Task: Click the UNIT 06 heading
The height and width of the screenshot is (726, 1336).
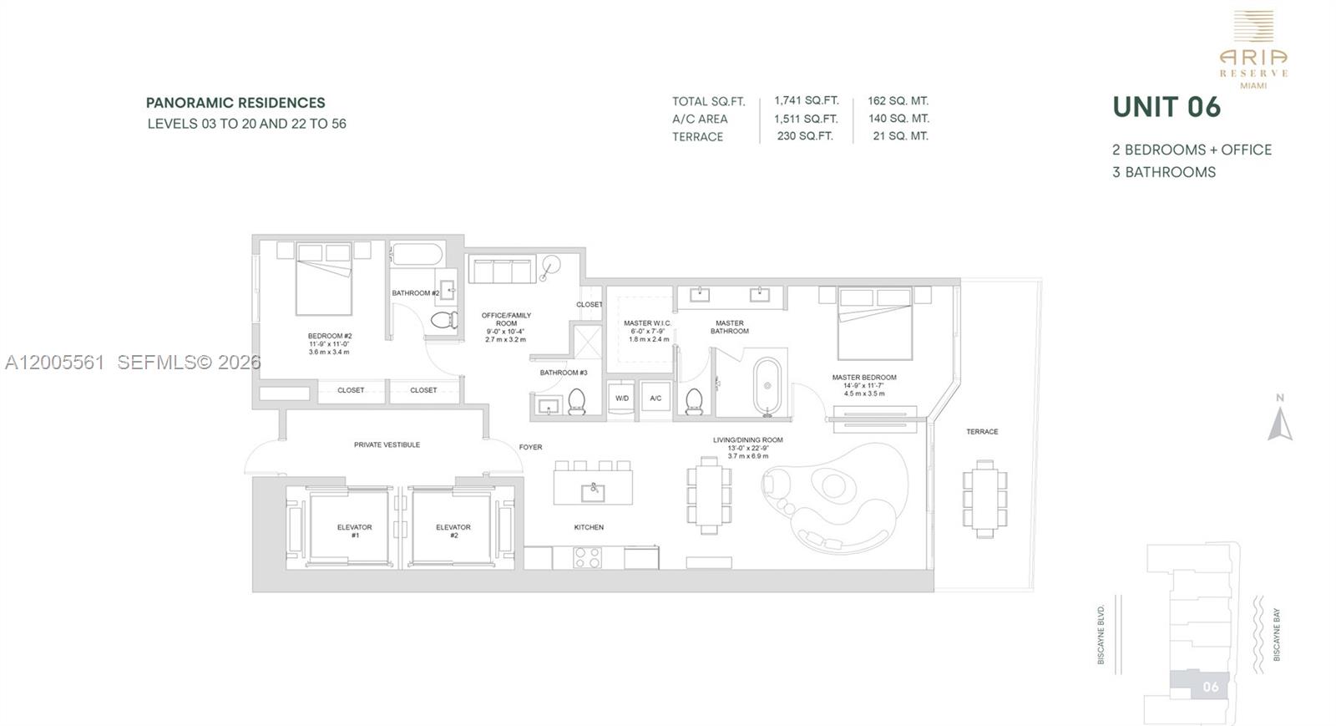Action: (1166, 107)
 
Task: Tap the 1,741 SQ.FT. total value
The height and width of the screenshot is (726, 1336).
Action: (806, 100)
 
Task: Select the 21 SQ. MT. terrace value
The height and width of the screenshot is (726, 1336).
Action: (900, 135)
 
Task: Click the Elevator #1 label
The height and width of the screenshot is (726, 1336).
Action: (354, 531)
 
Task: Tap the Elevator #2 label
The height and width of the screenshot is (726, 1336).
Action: (453, 531)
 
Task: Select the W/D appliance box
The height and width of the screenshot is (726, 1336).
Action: (622, 399)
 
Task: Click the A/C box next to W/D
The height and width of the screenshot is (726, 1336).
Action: (655, 399)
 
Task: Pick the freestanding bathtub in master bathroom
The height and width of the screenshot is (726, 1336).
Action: (767, 386)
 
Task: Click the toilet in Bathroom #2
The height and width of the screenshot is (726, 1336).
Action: (443, 319)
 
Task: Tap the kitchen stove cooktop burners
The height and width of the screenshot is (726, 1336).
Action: (587, 557)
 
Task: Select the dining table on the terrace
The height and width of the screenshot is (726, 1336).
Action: (984, 498)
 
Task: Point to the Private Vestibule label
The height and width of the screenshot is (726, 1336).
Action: (387, 444)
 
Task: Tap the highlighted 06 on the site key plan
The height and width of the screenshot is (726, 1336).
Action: (1210, 687)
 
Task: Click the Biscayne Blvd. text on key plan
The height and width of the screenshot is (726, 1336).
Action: (1101, 635)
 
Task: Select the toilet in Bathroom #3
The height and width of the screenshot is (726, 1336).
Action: (577, 403)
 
